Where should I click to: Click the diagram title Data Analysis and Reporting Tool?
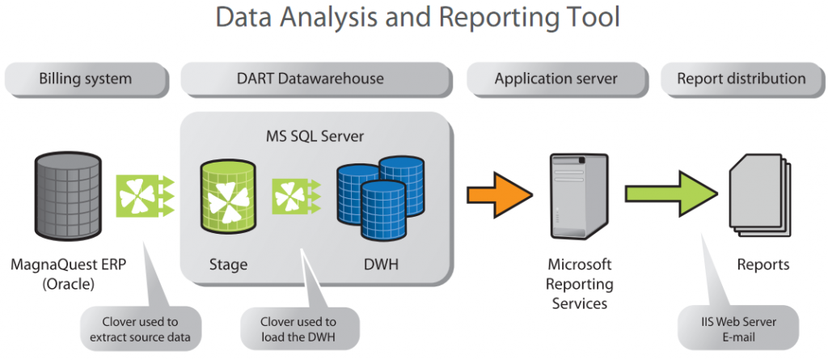417,18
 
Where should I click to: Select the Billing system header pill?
86,79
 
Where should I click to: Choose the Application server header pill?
556,79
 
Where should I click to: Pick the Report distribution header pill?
741,79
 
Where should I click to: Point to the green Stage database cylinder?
228,194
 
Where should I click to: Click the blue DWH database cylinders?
380,197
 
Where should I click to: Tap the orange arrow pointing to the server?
500,194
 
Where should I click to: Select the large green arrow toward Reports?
672,193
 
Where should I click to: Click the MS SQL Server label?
315,137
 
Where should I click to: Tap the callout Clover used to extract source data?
141,328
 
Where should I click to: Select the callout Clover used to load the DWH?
298,328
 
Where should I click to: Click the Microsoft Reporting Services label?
579,284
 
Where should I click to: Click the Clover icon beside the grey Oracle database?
145,196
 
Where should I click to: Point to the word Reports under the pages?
763,265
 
